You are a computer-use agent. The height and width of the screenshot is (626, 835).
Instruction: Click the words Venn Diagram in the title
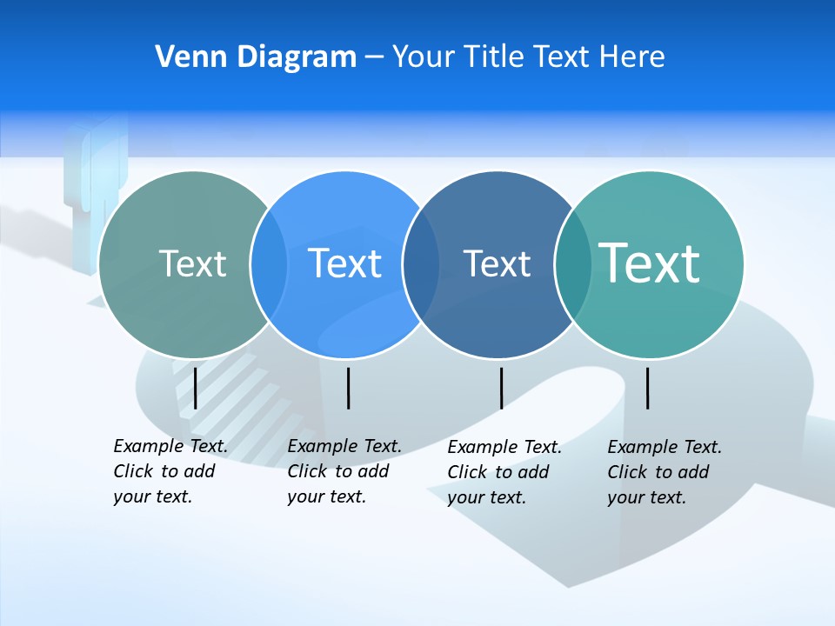[x=256, y=57]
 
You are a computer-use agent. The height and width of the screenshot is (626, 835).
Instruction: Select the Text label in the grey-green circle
[x=192, y=263]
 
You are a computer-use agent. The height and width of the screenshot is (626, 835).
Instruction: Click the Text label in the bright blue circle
[x=345, y=263]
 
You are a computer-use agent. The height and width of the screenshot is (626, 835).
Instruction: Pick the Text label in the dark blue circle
[x=497, y=263]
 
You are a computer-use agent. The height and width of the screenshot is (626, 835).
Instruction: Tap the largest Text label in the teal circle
[x=650, y=263]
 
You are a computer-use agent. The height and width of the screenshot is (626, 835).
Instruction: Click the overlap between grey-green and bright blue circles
[x=269, y=264]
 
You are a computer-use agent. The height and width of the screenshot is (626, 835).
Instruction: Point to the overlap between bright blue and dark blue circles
[x=421, y=264]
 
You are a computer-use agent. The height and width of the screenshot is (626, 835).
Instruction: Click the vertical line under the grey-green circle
[x=195, y=388]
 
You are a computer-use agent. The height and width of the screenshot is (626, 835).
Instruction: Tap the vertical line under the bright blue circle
[x=348, y=388]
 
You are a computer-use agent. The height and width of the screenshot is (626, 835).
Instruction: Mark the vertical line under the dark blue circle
[x=501, y=388]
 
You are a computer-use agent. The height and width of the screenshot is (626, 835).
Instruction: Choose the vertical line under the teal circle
[x=647, y=388]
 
